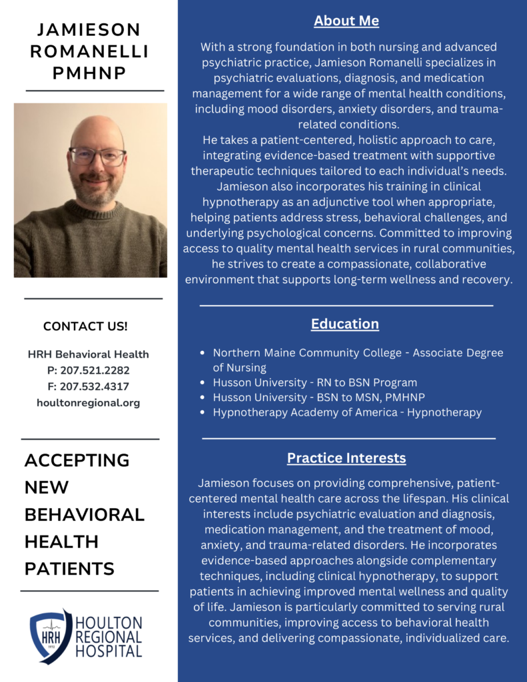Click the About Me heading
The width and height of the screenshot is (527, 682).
346,21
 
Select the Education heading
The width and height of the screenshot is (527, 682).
344,324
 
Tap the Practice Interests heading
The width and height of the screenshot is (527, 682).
346,458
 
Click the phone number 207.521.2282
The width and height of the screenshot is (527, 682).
89,370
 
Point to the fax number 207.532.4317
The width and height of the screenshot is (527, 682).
89,386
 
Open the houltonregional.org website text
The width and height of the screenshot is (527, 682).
89,402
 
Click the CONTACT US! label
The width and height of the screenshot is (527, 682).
85,326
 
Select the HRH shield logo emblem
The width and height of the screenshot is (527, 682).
51,636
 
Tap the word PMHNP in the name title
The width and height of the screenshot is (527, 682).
89,73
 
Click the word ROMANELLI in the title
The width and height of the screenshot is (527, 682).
89,51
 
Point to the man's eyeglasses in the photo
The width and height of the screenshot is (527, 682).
97,157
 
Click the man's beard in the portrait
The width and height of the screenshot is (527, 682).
97,193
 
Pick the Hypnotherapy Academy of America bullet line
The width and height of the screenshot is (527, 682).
347,412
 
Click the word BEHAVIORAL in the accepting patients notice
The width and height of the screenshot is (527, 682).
85,514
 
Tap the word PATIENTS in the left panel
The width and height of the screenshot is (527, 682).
69,569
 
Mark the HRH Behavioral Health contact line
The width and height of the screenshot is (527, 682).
89,354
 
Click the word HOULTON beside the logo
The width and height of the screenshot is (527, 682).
109,622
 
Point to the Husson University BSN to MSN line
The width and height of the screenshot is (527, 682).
318,398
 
